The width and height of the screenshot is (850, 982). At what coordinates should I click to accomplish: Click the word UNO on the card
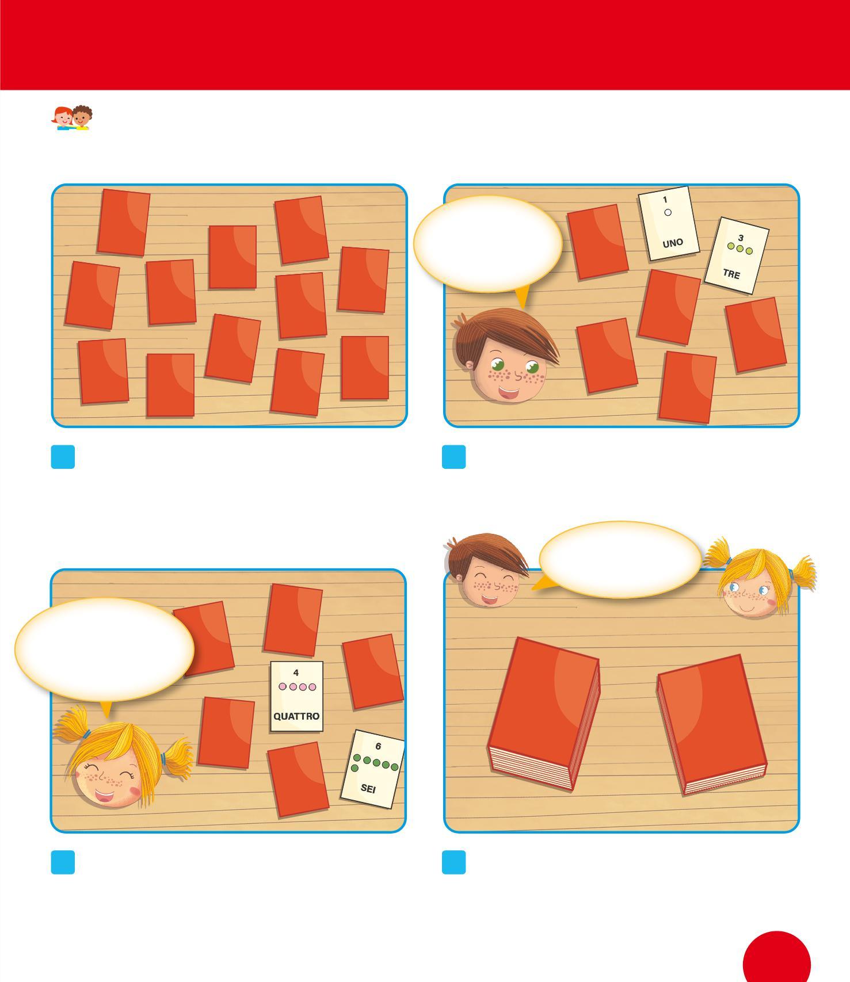[x=673, y=243]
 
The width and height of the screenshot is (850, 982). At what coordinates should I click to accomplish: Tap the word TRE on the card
[x=731, y=274]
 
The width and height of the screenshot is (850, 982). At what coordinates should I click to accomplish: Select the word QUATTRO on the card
[x=296, y=716]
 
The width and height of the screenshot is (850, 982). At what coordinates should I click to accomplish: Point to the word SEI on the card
[x=368, y=788]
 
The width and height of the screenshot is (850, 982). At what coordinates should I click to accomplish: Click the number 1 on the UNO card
[x=665, y=200]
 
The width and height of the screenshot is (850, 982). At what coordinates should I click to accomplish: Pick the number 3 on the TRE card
[x=741, y=238]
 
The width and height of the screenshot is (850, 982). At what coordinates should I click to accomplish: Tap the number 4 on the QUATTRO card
[x=296, y=673]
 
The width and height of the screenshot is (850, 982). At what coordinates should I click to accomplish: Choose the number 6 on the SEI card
[x=378, y=746]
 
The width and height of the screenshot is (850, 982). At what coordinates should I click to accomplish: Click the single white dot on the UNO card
[x=668, y=212]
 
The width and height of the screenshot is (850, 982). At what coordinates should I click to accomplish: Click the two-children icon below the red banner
[x=73, y=118]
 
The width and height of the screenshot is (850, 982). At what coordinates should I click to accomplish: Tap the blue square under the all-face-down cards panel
[x=63, y=457]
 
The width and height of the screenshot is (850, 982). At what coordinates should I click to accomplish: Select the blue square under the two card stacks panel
[x=453, y=862]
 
